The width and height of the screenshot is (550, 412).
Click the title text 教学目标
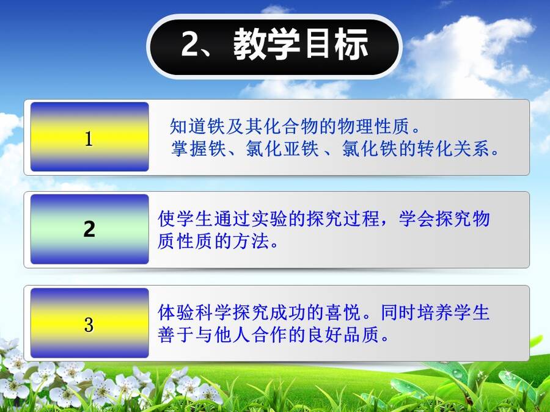[x=301, y=45]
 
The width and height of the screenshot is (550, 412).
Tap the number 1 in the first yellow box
[x=89, y=139]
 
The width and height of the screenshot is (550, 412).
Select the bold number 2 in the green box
[x=89, y=229]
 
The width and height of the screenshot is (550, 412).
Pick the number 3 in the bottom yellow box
[x=89, y=325]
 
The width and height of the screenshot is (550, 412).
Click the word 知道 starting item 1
[x=188, y=126]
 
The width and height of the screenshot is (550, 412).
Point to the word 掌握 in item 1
[x=189, y=148]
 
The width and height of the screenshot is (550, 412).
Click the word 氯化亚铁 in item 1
[x=282, y=148]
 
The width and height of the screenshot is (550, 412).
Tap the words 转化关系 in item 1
[x=453, y=148]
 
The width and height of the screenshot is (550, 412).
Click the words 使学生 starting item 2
[x=185, y=219]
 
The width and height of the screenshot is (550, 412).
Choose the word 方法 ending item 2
[x=251, y=241]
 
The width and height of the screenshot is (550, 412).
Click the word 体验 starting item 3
[x=176, y=312]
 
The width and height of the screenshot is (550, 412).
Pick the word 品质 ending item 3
[x=361, y=334]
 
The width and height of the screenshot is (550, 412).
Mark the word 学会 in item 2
[x=417, y=219]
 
